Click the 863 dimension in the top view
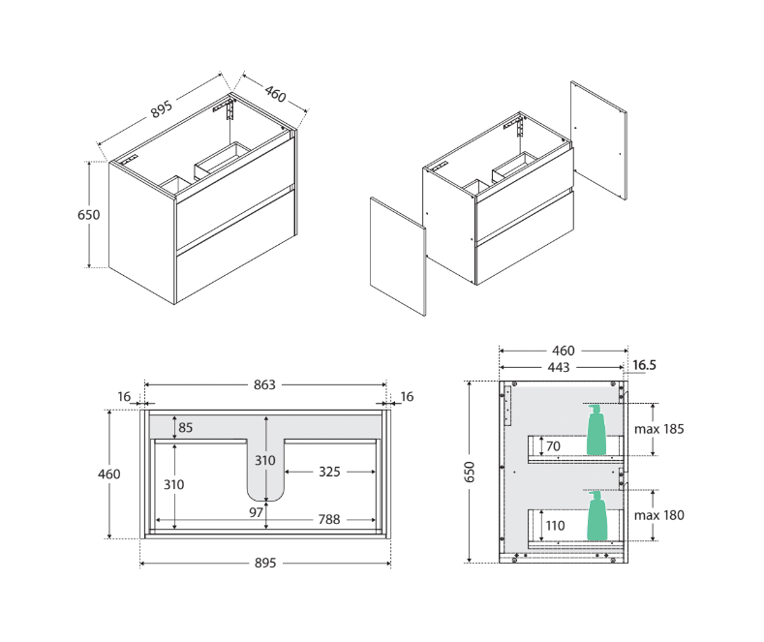(x=265, y=384)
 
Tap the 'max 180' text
(x=659, y=515)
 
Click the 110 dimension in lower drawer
(x=556, y=525)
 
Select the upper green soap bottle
(x=596, y=432)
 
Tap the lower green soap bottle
(x=598, y=516)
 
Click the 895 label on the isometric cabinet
(x=162, y=110)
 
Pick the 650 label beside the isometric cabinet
(x=88, y=215)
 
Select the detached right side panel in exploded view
(x=598, y=141)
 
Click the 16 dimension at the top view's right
(x=407, y=396)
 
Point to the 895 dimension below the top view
(x=265, y=563)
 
